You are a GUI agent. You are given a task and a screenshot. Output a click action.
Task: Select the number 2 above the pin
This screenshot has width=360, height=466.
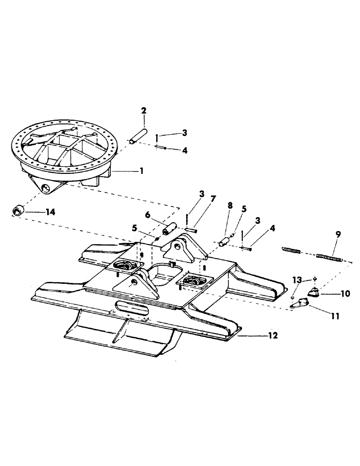144,111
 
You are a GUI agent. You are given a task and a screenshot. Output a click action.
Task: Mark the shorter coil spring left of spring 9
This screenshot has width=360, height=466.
292,251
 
